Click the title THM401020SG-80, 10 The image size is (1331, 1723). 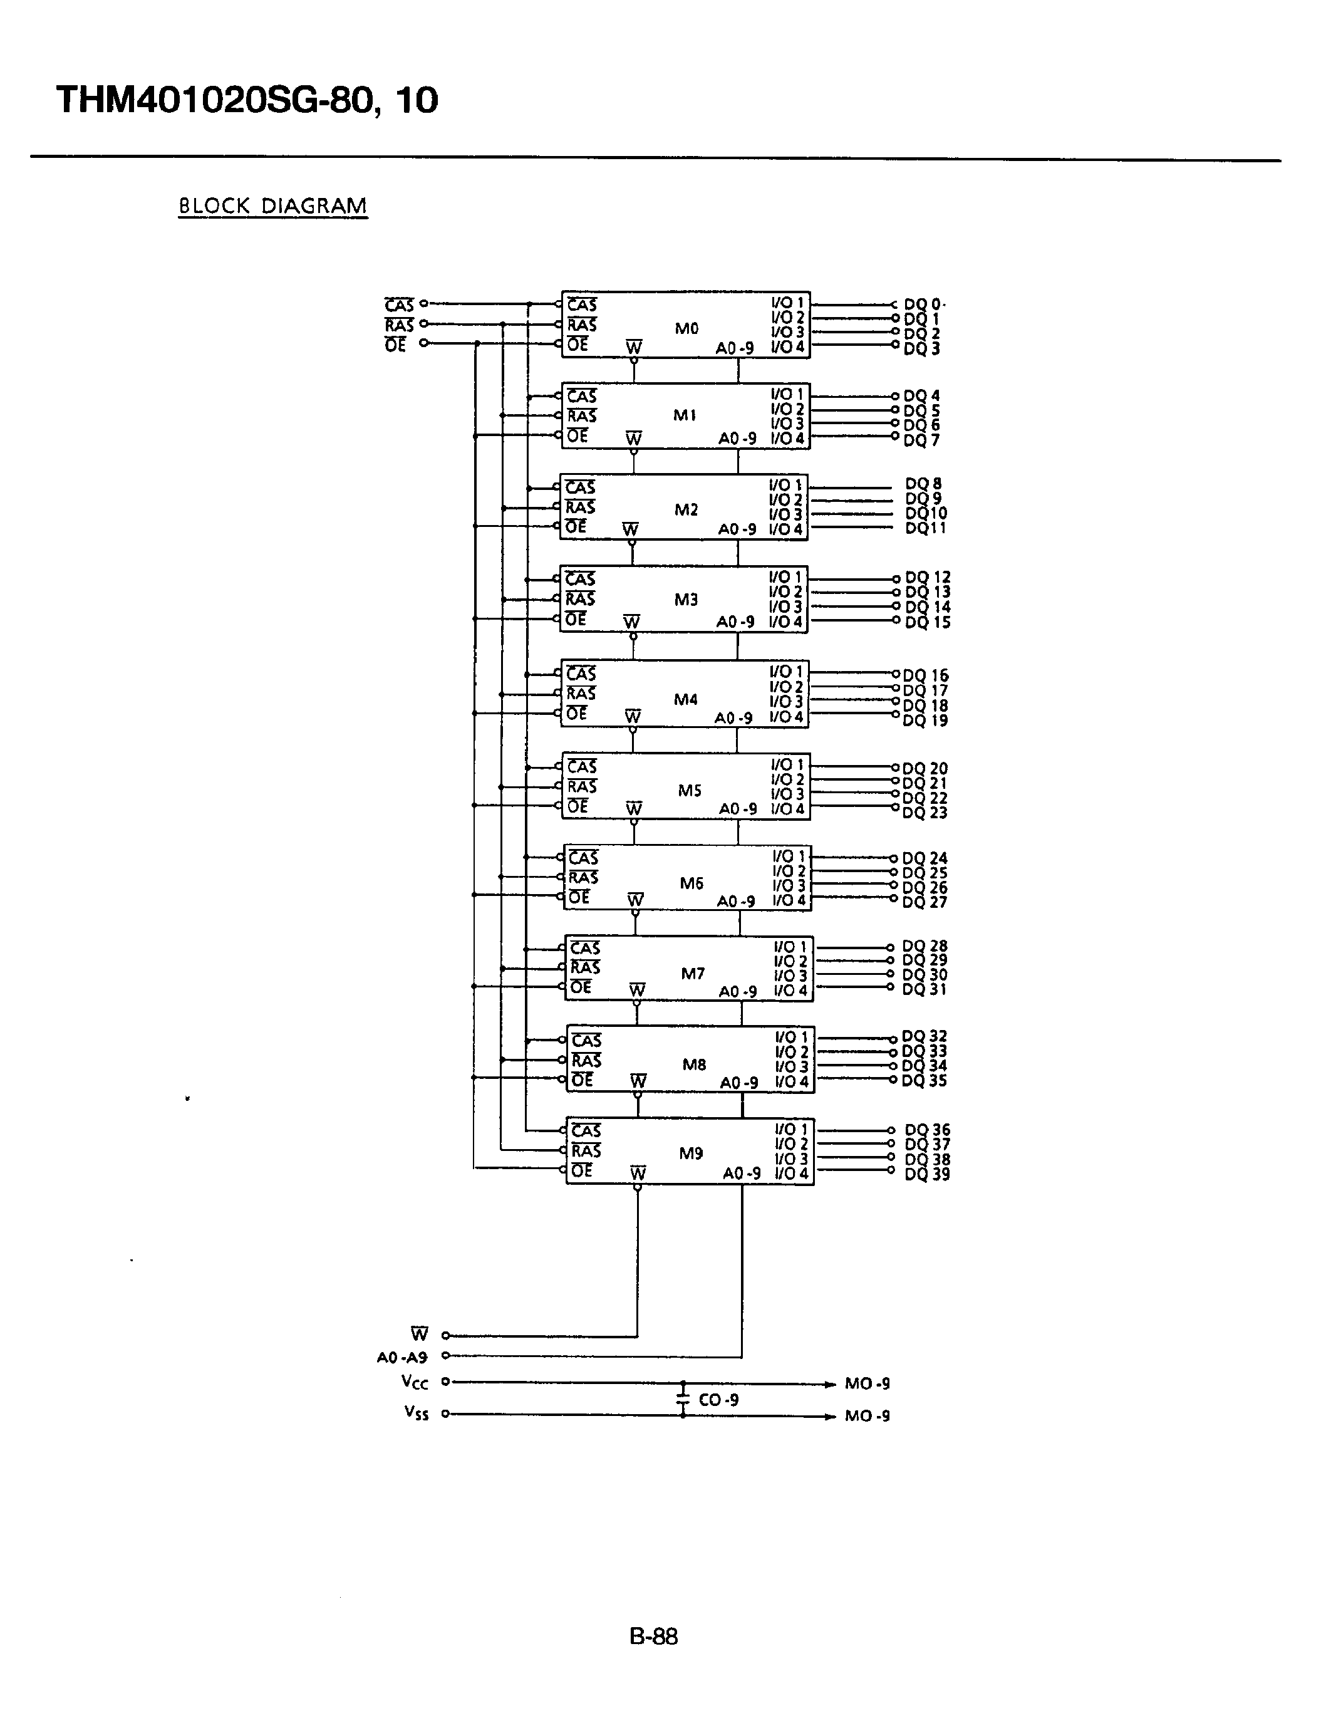[x=247, y=101]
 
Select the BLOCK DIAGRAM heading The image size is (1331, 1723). [x=273, y=207]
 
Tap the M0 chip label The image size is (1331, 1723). [x=686, y=328]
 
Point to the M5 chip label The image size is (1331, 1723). [x=689, y=791]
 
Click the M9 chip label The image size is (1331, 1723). [x=691, y=1153]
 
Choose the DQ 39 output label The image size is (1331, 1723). [x=927, y=1174]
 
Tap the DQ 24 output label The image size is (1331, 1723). [x=924, y=858]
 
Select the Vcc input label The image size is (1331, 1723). [x=415, y=1382]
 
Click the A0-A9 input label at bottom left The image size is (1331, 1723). [x=402, y=1357]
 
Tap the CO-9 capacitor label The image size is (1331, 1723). [x=718, y=1400]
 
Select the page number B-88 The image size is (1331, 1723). [x=654, y=1636]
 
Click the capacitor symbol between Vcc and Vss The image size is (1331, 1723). [x=683, y=1398]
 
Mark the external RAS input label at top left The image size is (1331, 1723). [x=399, y=325]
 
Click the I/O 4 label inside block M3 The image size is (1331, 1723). [x=786, y=622]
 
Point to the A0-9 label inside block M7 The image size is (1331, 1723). [x=738, y=992]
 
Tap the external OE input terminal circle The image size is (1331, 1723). [x=424, y=343]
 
